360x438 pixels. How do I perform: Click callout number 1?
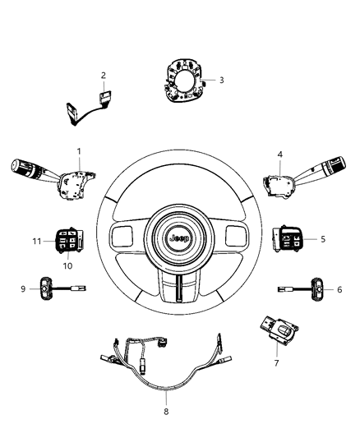(x=79, y=151)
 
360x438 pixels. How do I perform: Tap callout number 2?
(x=104, y=76)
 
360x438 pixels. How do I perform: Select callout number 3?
(x=221, y=80)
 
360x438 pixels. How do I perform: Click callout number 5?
(x=323, y=239)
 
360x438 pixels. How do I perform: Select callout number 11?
(x=35, y=240)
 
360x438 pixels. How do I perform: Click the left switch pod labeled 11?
(x=70, y=241)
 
